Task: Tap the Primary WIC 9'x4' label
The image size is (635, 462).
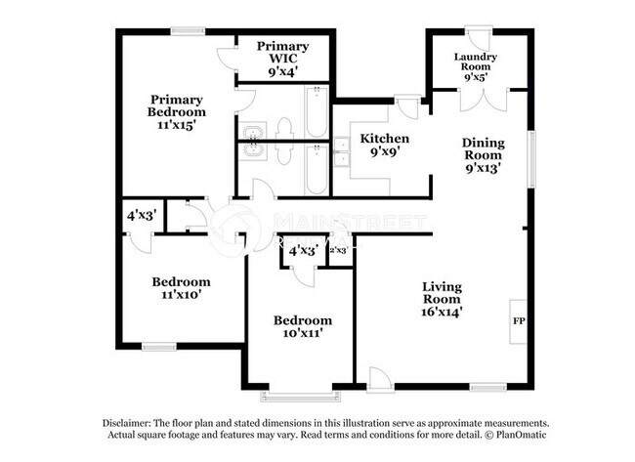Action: (283, 58)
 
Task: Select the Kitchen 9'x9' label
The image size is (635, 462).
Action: (384, 146)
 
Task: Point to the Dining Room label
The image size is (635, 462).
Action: (483, 154)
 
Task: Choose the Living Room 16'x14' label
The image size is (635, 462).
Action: (442, 299)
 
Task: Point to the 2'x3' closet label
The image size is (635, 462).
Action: (338, 250)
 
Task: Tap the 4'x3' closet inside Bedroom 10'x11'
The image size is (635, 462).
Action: (302, 250)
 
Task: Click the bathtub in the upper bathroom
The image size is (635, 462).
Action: (317, 113)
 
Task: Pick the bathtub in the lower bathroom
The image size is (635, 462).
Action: (317, 170)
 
